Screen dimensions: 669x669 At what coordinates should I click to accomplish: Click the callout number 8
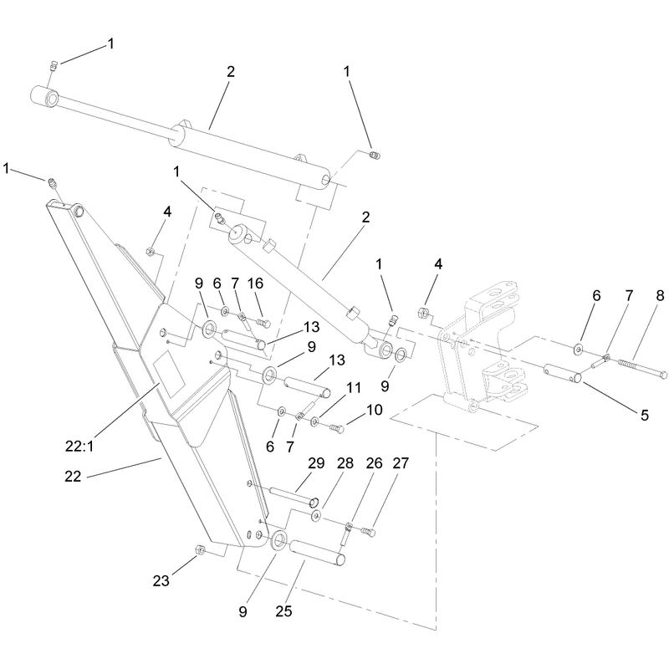coord(660,296)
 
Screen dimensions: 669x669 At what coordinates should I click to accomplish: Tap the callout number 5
coord(644,415)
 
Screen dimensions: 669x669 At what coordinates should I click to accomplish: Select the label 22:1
coord(79,447)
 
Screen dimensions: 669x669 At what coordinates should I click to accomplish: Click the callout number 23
coord(161,580)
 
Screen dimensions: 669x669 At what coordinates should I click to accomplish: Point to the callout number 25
coord(283,611)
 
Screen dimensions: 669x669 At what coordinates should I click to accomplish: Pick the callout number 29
coord(316,463)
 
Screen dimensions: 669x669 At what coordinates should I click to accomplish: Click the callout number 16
coord(256,283)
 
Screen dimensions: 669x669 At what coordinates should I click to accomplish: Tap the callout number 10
coord(374,410)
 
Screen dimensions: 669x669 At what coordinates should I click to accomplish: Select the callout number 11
coord(353,388)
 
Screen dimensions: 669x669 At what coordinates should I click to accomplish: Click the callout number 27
coord(401,463)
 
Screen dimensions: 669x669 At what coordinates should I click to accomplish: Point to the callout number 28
coord(345,463)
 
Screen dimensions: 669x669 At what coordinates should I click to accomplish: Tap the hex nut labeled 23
coord(199,549)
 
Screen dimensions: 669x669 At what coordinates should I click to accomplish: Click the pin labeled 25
coord(317,552)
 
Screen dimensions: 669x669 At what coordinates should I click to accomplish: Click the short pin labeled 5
coord(563,373)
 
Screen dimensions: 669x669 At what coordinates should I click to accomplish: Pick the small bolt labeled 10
coord(337,427)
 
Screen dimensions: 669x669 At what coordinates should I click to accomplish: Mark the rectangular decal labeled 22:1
coord(169,375)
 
